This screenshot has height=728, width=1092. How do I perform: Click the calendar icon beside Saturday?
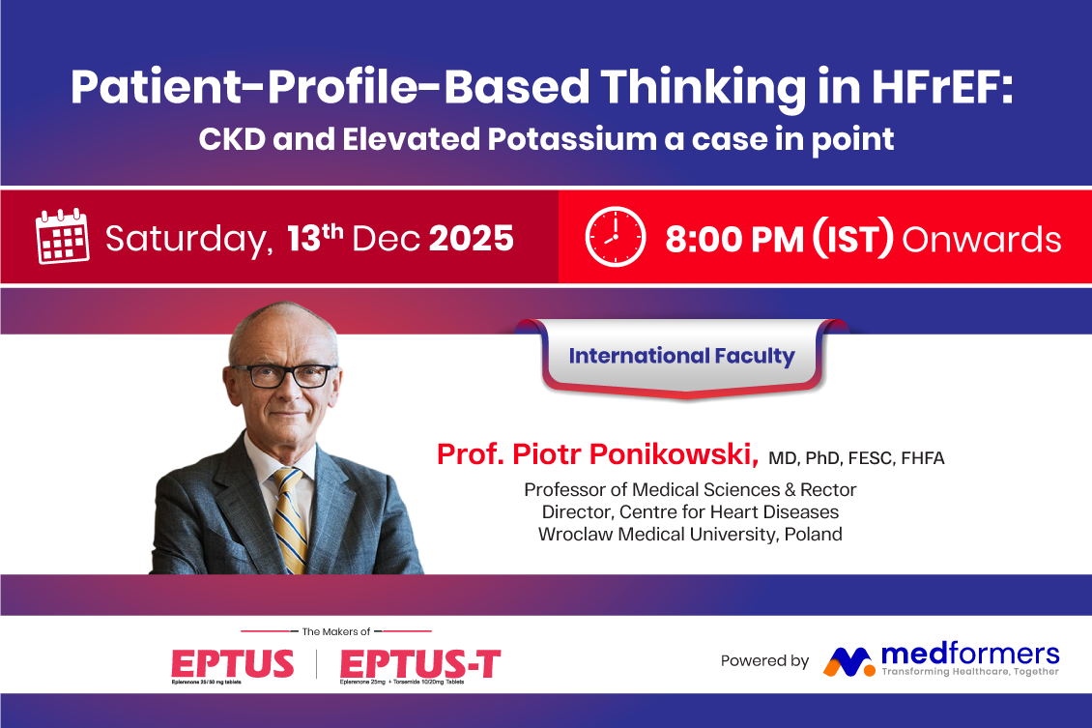click(63, 236)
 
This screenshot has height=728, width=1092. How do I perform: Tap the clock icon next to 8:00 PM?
click(616, 236)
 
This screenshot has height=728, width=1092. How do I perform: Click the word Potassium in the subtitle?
click(572, 138)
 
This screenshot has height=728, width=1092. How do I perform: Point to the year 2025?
click(472, 238)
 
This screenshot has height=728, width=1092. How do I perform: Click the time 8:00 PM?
click(734, 239)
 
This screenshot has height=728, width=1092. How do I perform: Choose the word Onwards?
click(982, 239)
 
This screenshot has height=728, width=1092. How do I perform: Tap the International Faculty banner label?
click(682, 355)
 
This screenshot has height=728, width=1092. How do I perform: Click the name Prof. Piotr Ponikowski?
click(597, 454)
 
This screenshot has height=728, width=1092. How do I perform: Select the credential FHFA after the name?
click(923, 457)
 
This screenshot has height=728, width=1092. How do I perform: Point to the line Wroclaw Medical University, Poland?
click(690, 534)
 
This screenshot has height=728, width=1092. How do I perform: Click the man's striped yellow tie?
click(291, 519)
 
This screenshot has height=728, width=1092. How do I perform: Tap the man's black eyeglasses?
click(285, 375)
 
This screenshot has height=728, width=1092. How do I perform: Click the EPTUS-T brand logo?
click(420, 665)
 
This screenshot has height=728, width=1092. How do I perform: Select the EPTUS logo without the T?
click(233, 665)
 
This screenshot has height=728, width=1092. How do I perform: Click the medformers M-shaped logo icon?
click(848, 662)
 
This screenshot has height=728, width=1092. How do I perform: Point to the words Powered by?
click(764, 660)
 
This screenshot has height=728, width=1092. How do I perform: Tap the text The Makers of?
click(335, 631)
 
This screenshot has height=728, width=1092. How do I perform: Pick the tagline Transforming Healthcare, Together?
click(970, 672)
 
